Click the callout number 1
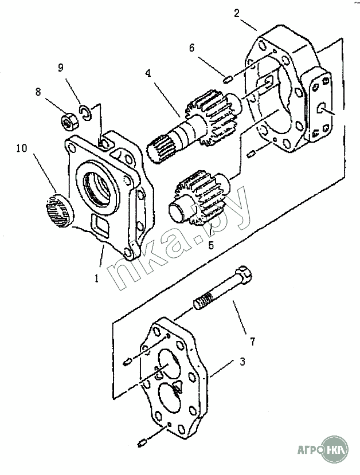96,278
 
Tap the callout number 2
236,13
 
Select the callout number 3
242,362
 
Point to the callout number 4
148,73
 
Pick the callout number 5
211,245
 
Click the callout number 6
191,48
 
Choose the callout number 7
252,341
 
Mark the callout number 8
38,92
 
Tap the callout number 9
61,67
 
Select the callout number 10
22,148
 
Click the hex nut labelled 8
70,122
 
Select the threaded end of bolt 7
203,301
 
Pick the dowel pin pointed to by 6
228,80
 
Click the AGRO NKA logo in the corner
322,450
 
